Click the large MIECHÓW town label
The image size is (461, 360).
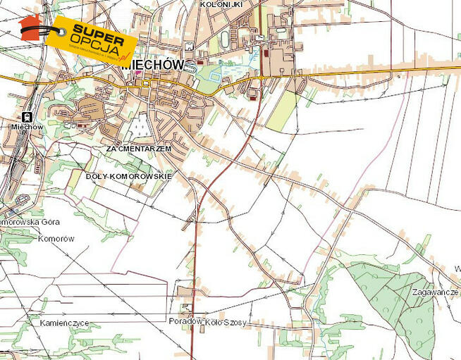point(153,64)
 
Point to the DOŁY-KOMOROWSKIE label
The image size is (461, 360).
point(128,175)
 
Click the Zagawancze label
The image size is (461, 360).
point(436,291)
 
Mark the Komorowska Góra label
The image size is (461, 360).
point(30,221)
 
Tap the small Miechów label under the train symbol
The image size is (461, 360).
point(27,127)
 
